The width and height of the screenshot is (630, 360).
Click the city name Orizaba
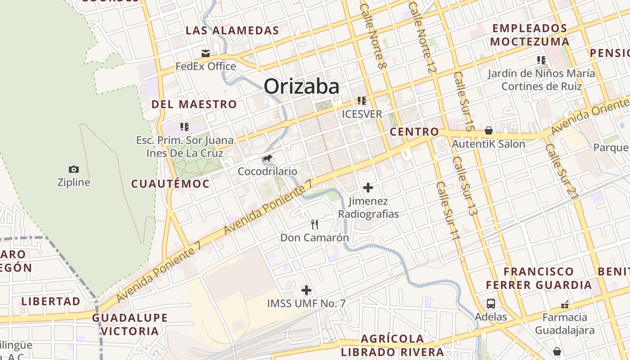[x=301, y=86]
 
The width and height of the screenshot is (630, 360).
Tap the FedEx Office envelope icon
[x=206, y=54]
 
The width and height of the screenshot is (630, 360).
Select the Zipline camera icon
[x=74, y=169]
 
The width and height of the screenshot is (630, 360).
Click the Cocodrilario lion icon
[x=267, y=158]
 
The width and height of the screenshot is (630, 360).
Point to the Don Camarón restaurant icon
[x=315, y=224]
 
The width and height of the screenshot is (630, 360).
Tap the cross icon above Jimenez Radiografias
[x=368, y=187]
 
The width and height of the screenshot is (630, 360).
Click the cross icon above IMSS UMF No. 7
[x=306, y=290]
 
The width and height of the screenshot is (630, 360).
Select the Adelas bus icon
[x=490, y=304]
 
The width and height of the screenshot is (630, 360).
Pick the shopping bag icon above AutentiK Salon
[x=489, y=131]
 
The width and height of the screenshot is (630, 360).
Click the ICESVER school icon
[x=362, y=101]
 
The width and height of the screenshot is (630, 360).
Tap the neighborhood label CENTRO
[x=414, y=132]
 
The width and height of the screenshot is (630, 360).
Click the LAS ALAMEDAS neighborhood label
[x=232, y=31]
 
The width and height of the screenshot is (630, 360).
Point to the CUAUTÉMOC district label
[x=170, y=184]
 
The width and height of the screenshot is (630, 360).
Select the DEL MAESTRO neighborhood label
[x=194, y=104]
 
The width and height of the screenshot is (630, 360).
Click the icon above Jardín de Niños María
[x=541, y=60]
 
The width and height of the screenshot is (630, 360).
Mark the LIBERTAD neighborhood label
[x=51, y=301]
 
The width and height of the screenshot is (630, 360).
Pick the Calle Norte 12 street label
[x=423, y=37]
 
